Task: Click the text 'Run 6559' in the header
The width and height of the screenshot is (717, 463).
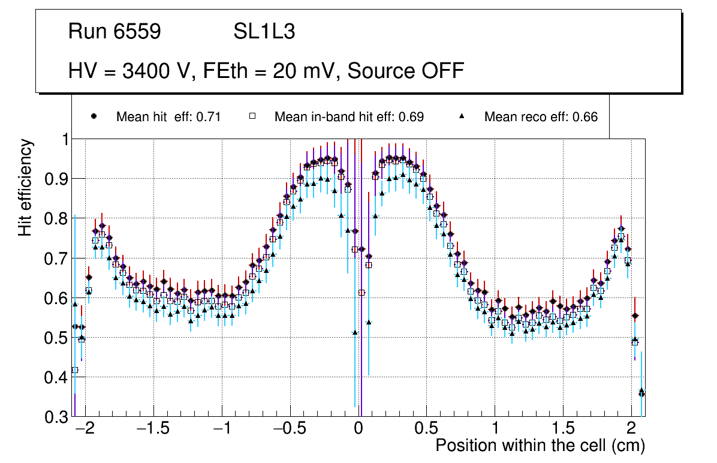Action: point(115,32)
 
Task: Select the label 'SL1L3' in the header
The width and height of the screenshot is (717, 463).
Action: point(264,32)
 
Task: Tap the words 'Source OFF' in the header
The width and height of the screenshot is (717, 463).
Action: point(406,71)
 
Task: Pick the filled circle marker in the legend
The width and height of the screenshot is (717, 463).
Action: point(93,116)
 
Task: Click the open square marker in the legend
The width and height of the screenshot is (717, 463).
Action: point(252,116)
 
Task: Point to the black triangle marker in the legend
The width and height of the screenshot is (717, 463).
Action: point(462,116)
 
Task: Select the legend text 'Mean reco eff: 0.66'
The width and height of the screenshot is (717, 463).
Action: point(541,117)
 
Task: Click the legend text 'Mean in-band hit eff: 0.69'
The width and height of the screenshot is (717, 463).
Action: point(349,117)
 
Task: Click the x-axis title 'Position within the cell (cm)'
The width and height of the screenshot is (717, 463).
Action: point(540,446)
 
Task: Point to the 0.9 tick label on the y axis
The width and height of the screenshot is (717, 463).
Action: point(56,179)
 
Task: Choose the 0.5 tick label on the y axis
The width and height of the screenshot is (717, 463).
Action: point(56,338)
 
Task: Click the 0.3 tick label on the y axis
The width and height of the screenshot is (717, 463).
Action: point(56,417)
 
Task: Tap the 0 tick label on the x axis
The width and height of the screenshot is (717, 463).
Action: point(358,429)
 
